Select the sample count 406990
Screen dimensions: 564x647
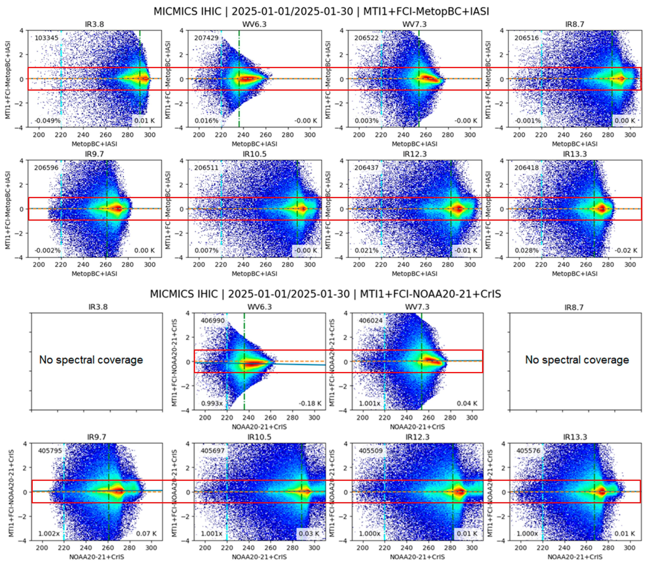pyautogui.click(x=213, y=321)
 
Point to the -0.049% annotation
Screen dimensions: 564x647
pyautogui.click(x=47, y=121)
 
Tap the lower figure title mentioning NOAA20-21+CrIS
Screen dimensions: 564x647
pyautogui.click(x=325, y=294)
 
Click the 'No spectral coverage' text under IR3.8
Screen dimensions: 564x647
pyautogui.click(x=91, y=360)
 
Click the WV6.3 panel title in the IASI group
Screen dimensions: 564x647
pyautogui.click(x=254, y=24)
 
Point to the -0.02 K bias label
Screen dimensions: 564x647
pyautogui.click(x=626, y=251)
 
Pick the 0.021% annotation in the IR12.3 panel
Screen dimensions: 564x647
pyautogui.click(x=367, y=251)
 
